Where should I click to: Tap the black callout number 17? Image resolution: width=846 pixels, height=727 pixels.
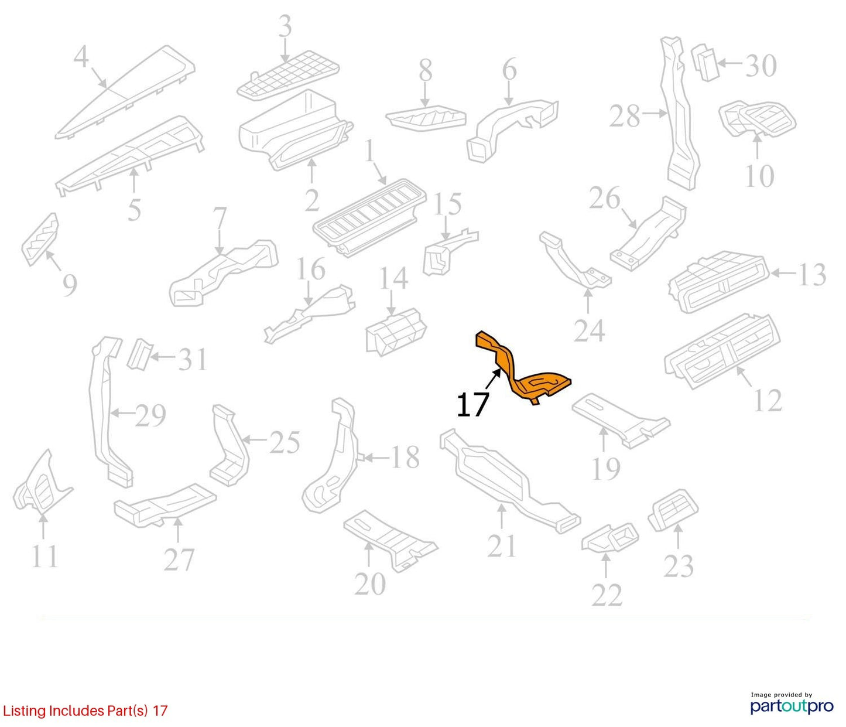pos(472,405)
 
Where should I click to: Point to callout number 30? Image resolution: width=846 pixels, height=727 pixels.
pos(761,66)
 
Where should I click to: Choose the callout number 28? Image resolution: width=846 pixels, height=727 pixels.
pos(625,116)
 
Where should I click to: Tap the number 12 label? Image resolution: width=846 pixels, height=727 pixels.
pos(768,400)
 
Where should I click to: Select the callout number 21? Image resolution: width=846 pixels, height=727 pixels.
pos(502,546)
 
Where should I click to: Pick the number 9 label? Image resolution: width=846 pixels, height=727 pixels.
pos(70,285)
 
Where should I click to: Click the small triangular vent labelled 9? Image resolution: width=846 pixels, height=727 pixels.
pos(40,239)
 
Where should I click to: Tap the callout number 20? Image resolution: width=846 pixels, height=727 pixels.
pos(370,584)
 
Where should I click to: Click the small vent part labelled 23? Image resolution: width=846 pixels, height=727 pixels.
pos(673,511)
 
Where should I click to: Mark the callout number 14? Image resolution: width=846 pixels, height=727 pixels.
pos(394,278)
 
